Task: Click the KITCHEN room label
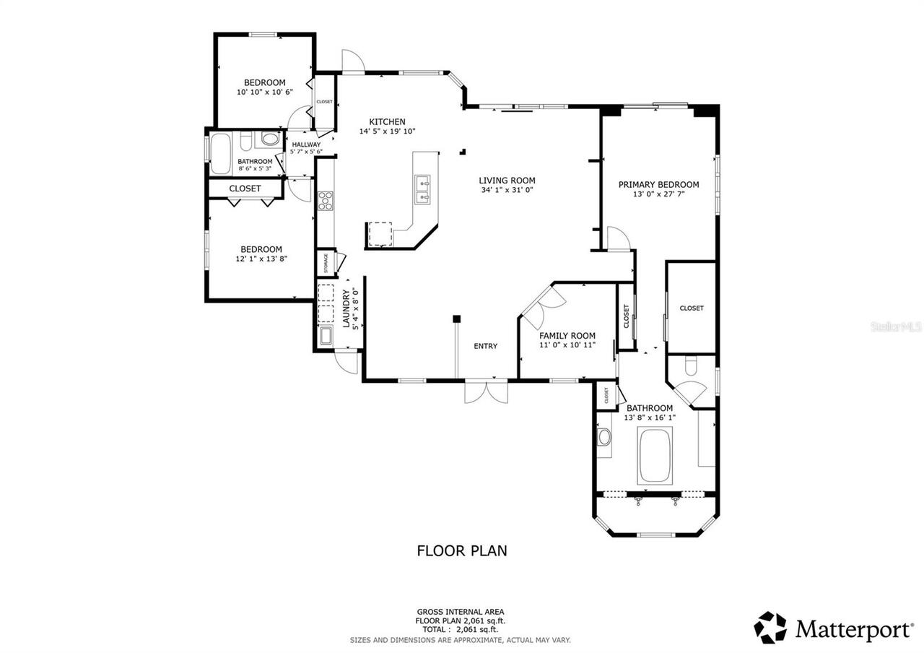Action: click(387, 121)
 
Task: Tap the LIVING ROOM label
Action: click(507, 181)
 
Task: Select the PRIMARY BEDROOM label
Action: click(658, 184)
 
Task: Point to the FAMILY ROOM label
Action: click(567, 335)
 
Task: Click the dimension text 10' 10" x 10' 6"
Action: click(264, 92)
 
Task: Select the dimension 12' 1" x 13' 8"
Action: click(261, 259)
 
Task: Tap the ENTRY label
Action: click(485, 346)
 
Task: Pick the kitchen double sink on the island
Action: click(423, 189)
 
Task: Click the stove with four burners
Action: click(325, 200)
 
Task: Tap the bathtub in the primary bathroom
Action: click(655, 455)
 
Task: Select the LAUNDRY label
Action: click(346, 308)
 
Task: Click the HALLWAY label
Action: click(306, 144)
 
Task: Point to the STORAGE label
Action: click(326, 263)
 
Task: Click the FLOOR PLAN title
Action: click(462, 550)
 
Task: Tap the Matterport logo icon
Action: click(770, 627)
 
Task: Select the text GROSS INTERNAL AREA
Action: click(460, 611)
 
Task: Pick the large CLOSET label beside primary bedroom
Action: click(691, 308)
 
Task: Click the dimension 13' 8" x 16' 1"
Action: click(649, 418)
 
